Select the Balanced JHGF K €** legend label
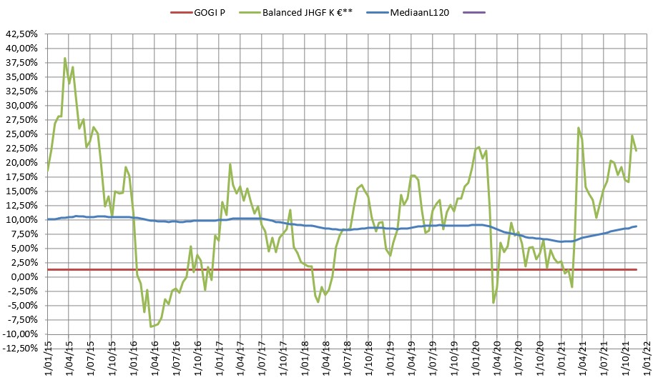point(315,12)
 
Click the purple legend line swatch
point(474,12)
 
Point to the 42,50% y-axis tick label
point(22,34)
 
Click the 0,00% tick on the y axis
point(25,277)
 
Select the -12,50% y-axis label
point(21,349)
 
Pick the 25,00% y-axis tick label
point(22,134)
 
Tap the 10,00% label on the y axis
point(22,219)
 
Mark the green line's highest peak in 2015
point(65,58)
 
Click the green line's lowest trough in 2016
point(151,326)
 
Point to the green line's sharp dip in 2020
point(493,303)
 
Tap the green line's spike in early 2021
point(578,128)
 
